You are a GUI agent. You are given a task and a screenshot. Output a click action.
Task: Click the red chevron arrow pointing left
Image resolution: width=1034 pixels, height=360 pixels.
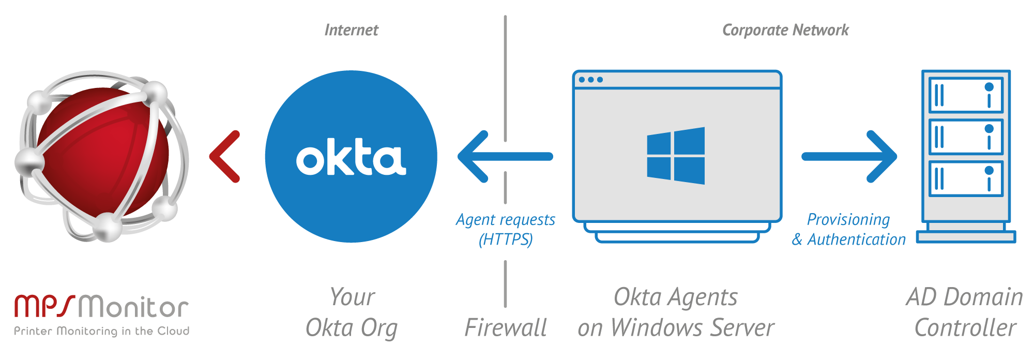coord(224,156)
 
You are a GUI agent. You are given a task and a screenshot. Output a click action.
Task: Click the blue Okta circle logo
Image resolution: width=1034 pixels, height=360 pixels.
coord(351,156)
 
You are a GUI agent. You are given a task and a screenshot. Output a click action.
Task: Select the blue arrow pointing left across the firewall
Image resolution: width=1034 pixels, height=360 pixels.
coord(504,156)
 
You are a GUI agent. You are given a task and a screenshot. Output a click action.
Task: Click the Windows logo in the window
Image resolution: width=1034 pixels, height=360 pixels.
coord(676,156)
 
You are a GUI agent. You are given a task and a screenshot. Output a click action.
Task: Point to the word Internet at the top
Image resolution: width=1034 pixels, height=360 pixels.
coord(351,30)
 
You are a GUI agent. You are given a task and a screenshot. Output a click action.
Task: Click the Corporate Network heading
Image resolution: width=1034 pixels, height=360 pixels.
coord(785,30)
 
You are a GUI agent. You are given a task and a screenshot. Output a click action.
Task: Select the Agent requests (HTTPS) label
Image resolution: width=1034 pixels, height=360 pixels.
coord(505,229)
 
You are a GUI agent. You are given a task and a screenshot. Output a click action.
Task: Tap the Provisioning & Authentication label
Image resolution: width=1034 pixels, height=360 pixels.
coord(848,229)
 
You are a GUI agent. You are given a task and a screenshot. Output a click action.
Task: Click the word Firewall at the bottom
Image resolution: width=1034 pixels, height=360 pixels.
coord(505,327)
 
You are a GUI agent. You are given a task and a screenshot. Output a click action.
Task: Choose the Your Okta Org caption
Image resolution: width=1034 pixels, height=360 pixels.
coord(352,312)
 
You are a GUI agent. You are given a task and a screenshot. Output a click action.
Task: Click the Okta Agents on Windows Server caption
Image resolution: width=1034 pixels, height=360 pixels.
coord(676,312)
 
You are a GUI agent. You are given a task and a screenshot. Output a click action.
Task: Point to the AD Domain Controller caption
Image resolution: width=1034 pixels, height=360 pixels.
coord(965,312)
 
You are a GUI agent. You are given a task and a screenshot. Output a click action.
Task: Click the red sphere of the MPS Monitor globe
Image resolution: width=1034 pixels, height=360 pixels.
coord(103,150)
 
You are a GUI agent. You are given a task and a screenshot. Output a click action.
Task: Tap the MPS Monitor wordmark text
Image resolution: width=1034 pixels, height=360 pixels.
coord(101,306)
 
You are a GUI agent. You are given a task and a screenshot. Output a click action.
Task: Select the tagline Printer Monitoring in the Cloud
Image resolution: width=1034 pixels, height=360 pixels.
coord(101,331)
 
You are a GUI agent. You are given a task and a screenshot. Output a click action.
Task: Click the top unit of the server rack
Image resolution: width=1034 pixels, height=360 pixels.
coord(966,95)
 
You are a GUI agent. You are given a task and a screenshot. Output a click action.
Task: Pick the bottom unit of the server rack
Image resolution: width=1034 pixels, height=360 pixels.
coord(966,178)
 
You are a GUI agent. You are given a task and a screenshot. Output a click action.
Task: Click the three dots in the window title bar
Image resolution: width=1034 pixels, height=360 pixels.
coord(590,80)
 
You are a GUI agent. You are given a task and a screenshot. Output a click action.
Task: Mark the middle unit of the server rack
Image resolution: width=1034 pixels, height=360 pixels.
coord(966,137)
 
